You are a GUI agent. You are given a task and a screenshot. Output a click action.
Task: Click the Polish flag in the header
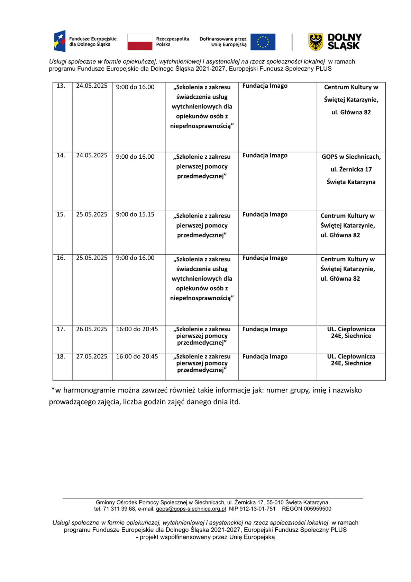click(x=140, y=42)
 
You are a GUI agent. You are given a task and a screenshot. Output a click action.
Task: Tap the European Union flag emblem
click(x=263, y=42)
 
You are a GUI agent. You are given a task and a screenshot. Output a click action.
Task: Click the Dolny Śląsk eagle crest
click(x=316, y=42)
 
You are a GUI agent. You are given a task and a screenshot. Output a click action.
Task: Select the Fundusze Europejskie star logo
click(x=60, y=41)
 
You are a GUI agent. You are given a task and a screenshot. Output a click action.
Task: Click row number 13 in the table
click(x=61, y=86)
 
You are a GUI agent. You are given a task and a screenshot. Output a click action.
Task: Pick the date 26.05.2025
click(x=92, y=329)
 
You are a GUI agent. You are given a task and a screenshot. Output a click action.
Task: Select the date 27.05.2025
click(x=92, y=356)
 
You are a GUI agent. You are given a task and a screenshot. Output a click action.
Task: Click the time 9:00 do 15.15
click(x=135, y=214)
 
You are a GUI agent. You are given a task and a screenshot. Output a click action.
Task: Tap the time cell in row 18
click(x=137, y=356)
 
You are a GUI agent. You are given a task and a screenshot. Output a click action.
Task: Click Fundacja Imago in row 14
click(x=265, y=156)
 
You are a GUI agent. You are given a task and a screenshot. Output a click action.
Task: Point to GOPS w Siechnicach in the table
click(x=351, y=157)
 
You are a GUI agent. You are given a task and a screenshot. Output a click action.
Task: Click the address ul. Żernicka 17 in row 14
click(x=351, y=169)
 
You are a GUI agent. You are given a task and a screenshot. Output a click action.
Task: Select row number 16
click(x=61, y=258)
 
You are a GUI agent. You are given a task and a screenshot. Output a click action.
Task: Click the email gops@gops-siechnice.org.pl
click(x=191, y=509)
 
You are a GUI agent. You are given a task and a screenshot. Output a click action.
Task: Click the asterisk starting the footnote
click(x=53, y=390)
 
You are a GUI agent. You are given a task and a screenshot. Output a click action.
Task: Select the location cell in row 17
click(x=351, y=333)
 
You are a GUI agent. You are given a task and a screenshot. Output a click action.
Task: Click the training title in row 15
click(x=202, y=226)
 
